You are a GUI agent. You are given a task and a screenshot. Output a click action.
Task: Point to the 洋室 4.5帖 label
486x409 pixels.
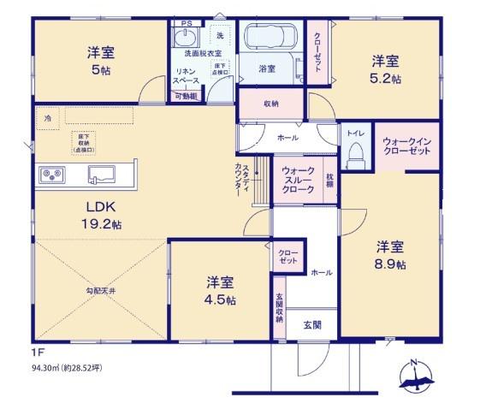point(221,290)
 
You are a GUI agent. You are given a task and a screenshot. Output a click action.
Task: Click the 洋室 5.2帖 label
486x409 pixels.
point(385,68)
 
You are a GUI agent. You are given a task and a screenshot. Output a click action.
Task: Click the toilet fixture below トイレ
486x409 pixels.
point(355,155)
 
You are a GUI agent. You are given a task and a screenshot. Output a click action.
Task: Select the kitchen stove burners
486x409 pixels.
point(51,175)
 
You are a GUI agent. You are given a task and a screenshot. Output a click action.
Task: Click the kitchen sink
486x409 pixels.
point(103,175)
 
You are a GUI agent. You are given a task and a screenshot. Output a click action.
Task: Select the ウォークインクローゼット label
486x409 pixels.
point(406,145)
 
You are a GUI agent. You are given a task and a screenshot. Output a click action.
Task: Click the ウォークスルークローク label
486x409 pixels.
point(298,181)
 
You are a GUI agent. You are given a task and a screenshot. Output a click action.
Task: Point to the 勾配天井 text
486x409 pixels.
point(101,289)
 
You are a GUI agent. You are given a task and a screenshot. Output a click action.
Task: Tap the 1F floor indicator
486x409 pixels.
point(37,352)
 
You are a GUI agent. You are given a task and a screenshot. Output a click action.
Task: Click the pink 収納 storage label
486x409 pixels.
point(271,104)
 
